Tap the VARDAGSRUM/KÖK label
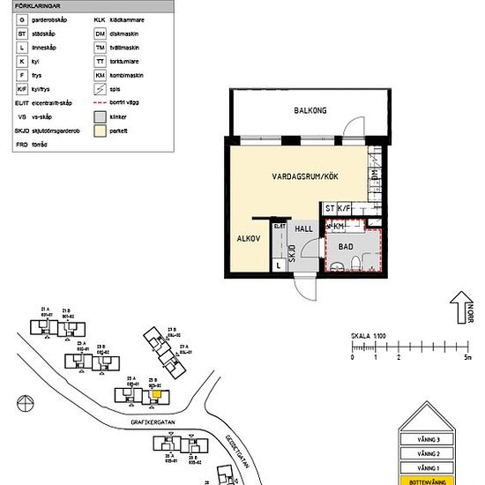(305, 177)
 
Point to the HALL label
(303, 228)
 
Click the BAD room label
(347, 247)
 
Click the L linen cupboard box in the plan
(280, 264)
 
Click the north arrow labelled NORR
(459, 310)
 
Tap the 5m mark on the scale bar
(468, 357)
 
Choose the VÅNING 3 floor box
(427, 438)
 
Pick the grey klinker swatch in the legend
(100, 116)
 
